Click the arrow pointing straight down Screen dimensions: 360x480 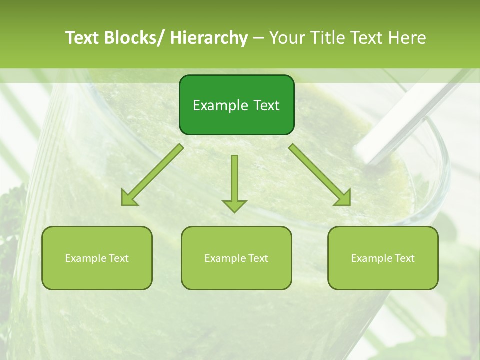point(234,182)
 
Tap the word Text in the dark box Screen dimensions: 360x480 point(266,106)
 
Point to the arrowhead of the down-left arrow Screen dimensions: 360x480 point(129,199)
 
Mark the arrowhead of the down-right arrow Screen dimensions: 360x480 point(343,198)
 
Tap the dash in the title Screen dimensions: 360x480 point(258,38)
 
